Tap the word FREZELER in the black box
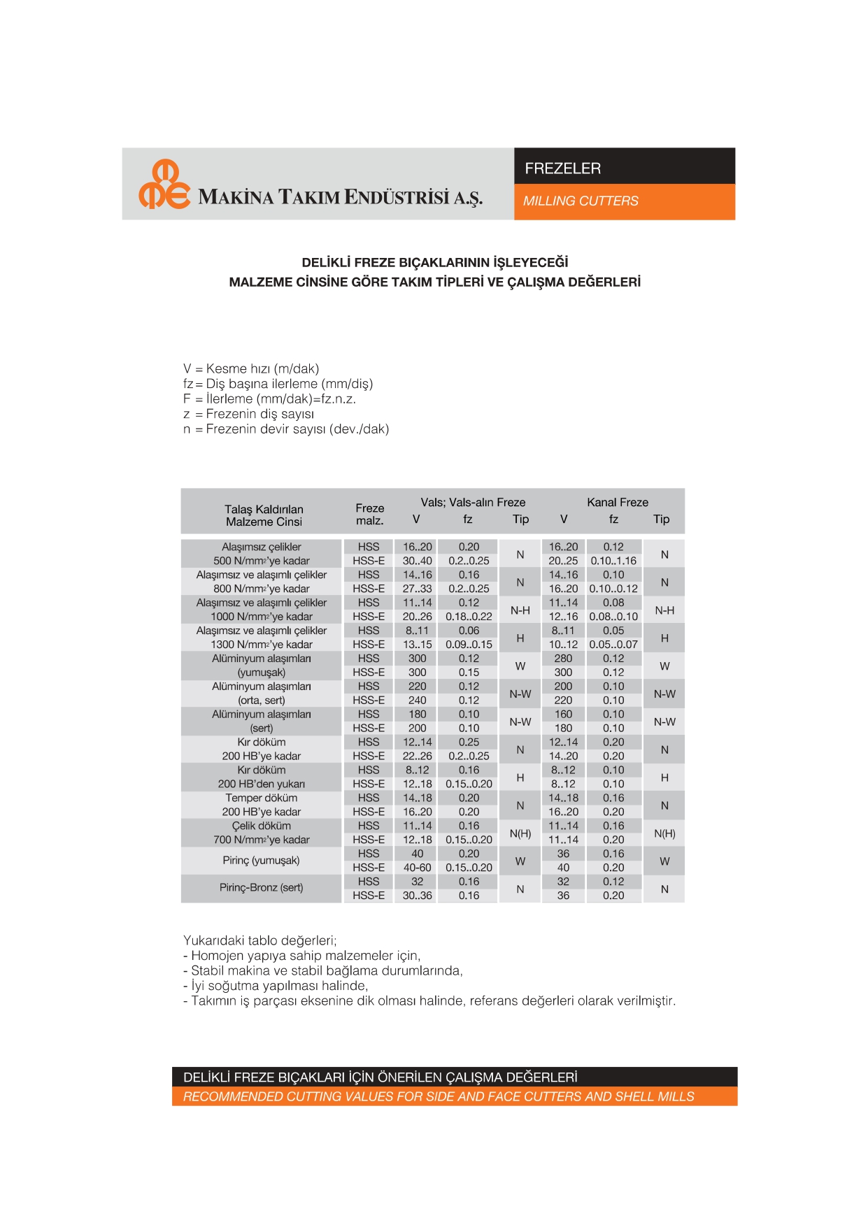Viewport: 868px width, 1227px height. pos(562,168)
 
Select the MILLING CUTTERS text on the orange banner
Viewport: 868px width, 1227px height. pos(581,201)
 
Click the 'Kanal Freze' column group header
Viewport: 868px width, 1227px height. pos(617,503)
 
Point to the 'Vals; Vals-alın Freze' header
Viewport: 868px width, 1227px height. pos(473,503)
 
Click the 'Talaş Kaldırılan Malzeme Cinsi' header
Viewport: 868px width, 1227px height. pos(264,516)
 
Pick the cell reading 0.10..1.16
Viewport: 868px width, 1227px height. pos(613,561)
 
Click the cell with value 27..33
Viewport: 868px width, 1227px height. pos(417,589)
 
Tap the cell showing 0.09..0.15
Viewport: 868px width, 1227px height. pos(469,645)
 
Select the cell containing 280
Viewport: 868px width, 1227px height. pos(563,659)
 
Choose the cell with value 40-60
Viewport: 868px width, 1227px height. pos(417,868)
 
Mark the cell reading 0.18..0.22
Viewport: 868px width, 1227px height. pos(469,617)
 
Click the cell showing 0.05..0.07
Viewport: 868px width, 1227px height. pos(613,645)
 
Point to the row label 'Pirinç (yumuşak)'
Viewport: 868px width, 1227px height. pos(261,861)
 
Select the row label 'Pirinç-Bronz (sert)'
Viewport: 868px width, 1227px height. pos(261,888)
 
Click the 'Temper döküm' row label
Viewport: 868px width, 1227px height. pos(261,798)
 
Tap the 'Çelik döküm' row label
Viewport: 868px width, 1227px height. pos(261,826)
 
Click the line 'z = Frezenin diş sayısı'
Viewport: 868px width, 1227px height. pos(249,414)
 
